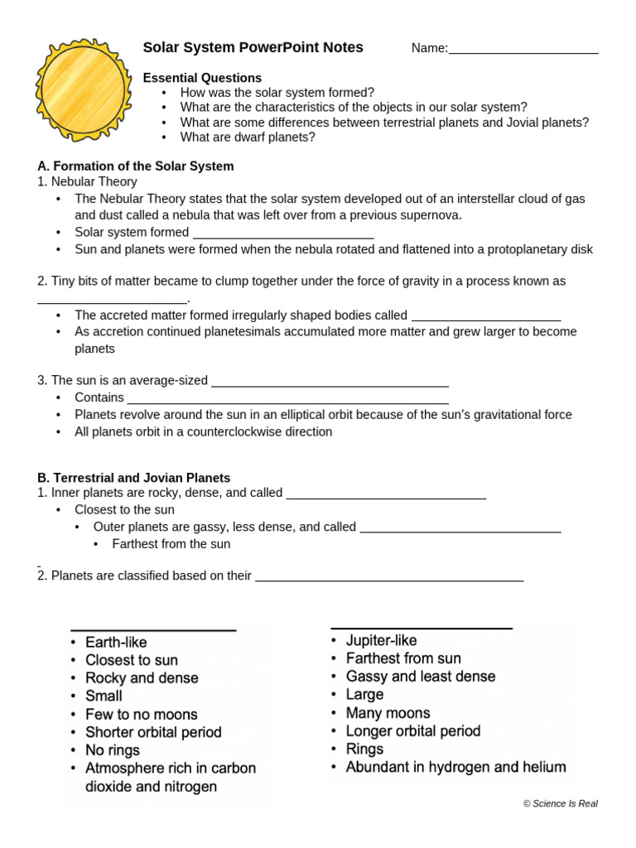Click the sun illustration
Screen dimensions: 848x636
[x=83, y=89]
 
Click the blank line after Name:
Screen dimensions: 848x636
[x=523, y=50]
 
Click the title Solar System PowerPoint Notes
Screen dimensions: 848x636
[x=253, y=48]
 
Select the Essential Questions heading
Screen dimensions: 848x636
[x=202, y=78]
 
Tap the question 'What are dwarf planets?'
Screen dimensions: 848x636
[x=248, y=137]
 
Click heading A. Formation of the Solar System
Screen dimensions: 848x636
[x=136, y=166]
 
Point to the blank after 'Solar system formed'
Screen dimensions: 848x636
[x=283, y=234]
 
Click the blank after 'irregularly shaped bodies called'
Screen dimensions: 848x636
[x=486, y=316]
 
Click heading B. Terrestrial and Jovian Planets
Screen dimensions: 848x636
[x=134, y=478]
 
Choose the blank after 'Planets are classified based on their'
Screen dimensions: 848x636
[x=389, y=577]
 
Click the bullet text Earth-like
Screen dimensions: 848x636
[x=116, y=643]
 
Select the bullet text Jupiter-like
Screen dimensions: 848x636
[x=381, y=641]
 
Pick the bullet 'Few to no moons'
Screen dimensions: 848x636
[x=141, y=715]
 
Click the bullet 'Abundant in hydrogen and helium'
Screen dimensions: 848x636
[x=455, y=768]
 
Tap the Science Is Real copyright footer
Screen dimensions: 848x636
[x=560, y=804]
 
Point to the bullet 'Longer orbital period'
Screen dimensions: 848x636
[x=412, y=731]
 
